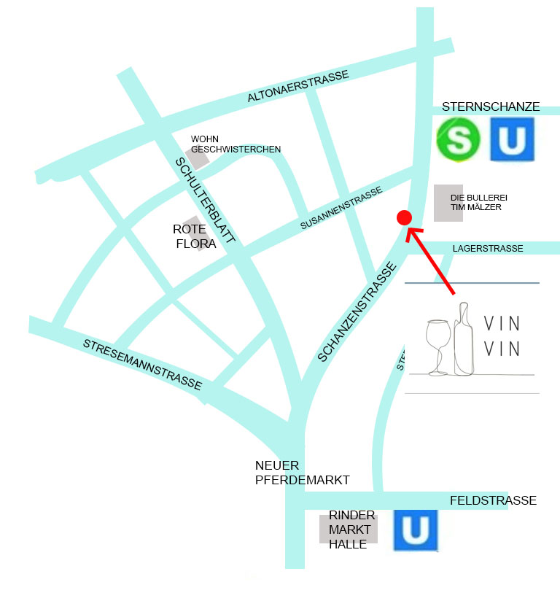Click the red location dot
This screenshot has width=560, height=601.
coord(403,217)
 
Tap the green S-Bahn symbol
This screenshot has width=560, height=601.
coord(458,140)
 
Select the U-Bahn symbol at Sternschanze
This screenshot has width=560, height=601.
coord(512,140)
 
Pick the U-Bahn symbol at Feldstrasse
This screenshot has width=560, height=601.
coord(415,530)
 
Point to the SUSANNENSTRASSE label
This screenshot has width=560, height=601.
coord(341,209)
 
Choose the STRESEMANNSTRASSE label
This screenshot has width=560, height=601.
coord(142,364)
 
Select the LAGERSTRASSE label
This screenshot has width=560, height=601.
coord(487,249)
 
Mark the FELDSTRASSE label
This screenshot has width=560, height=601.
coord(493,500)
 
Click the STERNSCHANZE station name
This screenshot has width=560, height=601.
coord(491,107)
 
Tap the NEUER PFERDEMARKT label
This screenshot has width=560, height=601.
coord(302,473)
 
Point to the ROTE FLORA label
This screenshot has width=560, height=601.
coord(195,236)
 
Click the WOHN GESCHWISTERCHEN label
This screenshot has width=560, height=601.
coord(235,144)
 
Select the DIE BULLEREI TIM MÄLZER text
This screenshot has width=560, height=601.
coord(479,202)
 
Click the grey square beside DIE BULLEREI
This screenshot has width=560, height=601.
coord(448,203)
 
